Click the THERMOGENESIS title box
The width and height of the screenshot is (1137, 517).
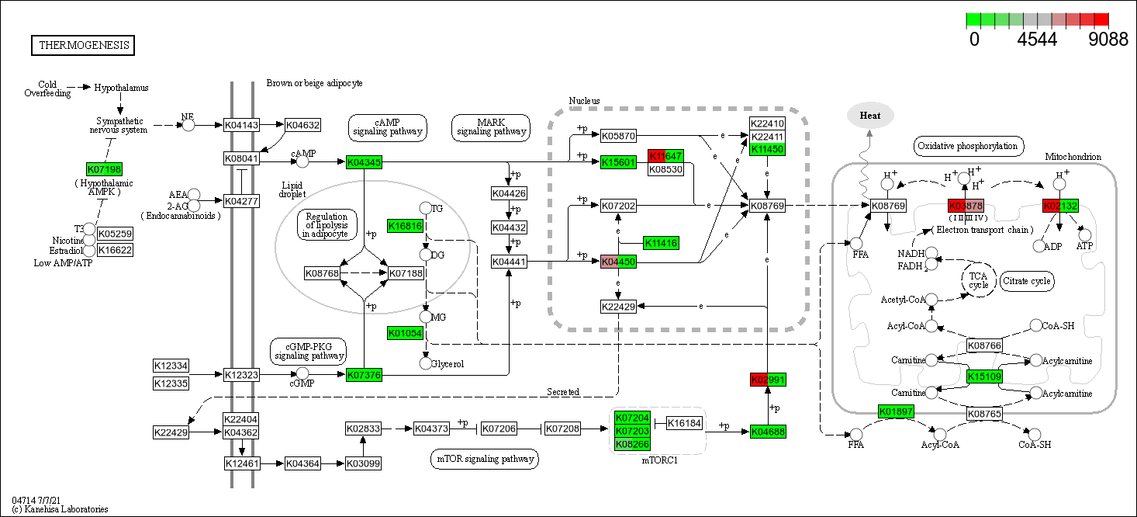pos(83,46)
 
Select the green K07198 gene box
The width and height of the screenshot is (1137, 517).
pos(104,169)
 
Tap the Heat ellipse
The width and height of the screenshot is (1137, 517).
pos(869,116)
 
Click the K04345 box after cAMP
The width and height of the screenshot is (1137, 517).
pos(364,162)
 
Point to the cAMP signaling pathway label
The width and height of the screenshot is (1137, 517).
pos(387,127)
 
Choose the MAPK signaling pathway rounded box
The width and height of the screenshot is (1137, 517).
pos(491,127)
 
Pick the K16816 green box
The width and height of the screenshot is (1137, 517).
pos(406,226)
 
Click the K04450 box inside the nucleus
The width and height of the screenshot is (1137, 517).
pos(618,262)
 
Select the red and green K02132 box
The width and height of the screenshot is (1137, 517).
pos(1060,206)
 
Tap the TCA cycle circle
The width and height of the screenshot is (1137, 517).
pos(978,279)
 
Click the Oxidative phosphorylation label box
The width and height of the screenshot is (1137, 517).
pos(966,146)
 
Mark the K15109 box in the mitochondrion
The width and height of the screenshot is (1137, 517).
pos(984,377)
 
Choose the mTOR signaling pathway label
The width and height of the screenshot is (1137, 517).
pos(484,460)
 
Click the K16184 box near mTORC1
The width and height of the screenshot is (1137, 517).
pos(684,423)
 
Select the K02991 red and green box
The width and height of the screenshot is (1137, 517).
pos(769,380)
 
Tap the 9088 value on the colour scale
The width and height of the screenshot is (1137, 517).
pos(1107,40)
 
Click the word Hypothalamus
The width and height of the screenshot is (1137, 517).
pos(121,88)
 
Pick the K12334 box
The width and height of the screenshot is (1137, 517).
pos(171,366)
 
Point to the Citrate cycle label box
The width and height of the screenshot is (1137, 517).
pos(1027,280)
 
